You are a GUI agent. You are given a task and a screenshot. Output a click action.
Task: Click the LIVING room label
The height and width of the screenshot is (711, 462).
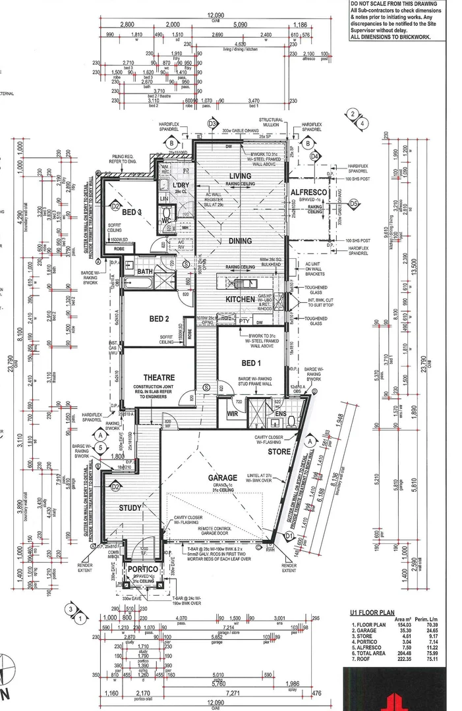pyautogui.click(x=240, y=176)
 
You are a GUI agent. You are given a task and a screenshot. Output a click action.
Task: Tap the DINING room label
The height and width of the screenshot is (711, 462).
pyautogui.click(x=241, y=241)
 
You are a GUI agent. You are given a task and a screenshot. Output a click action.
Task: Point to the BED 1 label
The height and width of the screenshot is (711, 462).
pyautogui.click(x=251, y=363)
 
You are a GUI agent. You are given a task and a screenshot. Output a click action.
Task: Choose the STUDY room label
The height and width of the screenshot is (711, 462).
pyautogui.click(x=130, y=508)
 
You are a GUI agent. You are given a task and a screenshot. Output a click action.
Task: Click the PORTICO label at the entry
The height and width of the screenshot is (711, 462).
pyautogui.click(x=142, y=569)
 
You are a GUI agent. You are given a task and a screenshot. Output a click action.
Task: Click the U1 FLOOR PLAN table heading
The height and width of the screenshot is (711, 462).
pyautogui.click(x=372, y=612)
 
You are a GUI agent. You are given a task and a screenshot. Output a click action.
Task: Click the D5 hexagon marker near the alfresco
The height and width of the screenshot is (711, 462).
pyautogui.click(x=354, y=204)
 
